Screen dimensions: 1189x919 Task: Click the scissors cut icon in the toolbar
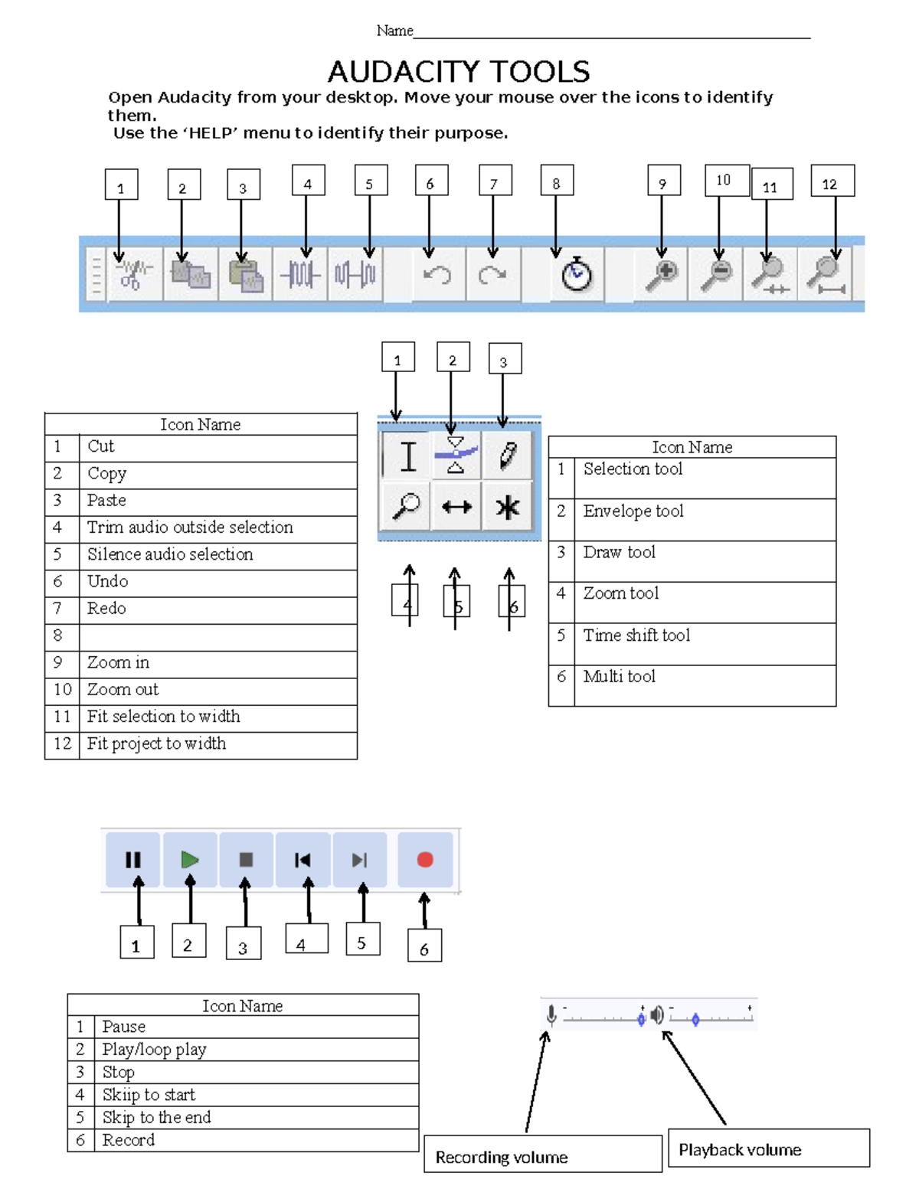click(x=133, y=274)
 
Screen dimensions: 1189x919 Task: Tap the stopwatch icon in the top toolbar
click(x=576, y=275)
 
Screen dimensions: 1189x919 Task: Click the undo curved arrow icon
click(x=437, y=274)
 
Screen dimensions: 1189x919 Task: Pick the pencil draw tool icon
click(x=507, y=456)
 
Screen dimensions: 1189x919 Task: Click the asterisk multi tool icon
click(x=507, y=507)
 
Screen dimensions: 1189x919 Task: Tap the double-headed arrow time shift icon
click(x=456, y=507)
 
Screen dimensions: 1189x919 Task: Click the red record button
click(x=425, y=860)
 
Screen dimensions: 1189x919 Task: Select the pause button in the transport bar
click(x=133, y=860)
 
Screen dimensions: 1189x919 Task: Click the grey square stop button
click(x=246, y=860)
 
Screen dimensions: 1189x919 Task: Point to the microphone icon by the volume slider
click(x=551, y=1016)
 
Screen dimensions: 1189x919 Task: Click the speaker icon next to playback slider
click(x=657, y=1016)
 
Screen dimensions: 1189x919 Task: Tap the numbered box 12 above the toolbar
click(x=832, y=182)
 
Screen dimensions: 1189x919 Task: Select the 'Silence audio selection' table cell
click(x=170, y=555)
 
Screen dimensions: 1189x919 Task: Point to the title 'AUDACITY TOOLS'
click(x=459, y=72)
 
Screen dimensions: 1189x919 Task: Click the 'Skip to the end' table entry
click(x=156, y=1118)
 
